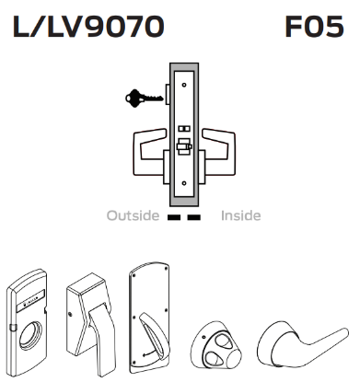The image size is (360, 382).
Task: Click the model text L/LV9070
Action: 88,28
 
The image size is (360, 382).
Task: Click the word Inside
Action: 241,216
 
